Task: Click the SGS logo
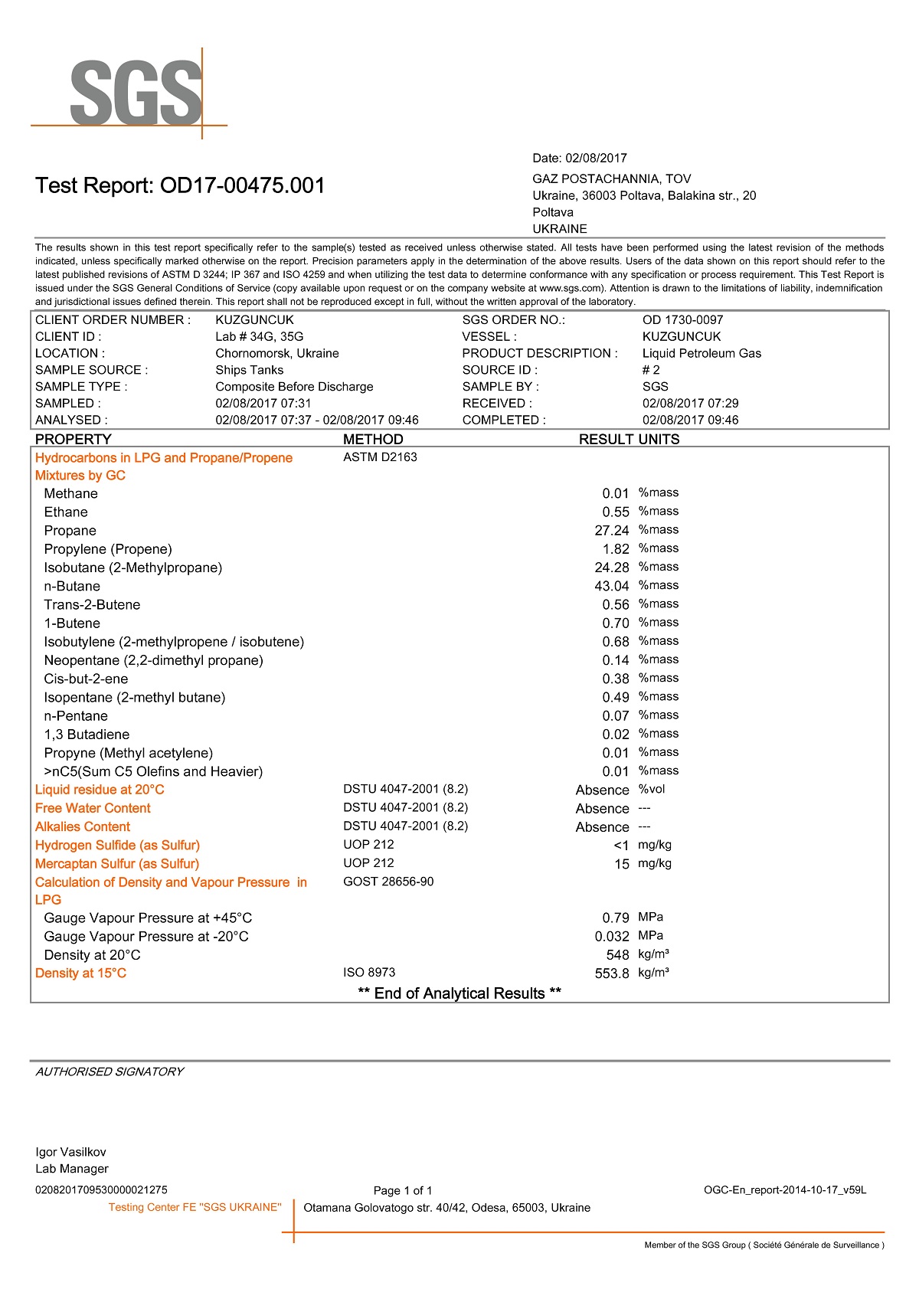(136, 93)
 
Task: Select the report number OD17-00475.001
(242, 185)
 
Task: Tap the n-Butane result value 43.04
(611, 586)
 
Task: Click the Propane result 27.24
(611, 531)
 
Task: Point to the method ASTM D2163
(380, 457)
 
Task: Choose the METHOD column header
(373, 439)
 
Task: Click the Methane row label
(70, 494)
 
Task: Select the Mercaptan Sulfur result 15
(621, 864)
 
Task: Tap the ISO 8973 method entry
(369, 973)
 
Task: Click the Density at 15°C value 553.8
(611, 973)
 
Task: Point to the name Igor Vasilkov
(70, 1152)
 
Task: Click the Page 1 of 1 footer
(403, 1190)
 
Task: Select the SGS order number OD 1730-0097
(682, 320)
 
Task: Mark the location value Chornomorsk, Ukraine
(277, 353)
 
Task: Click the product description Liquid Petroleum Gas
(702, 353)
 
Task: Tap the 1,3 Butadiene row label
(87, 735)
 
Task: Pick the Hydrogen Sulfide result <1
(620, 846)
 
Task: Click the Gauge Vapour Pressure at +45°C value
(615, 918)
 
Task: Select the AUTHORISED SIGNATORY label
(110, 1072)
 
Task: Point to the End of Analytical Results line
(459, 993)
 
